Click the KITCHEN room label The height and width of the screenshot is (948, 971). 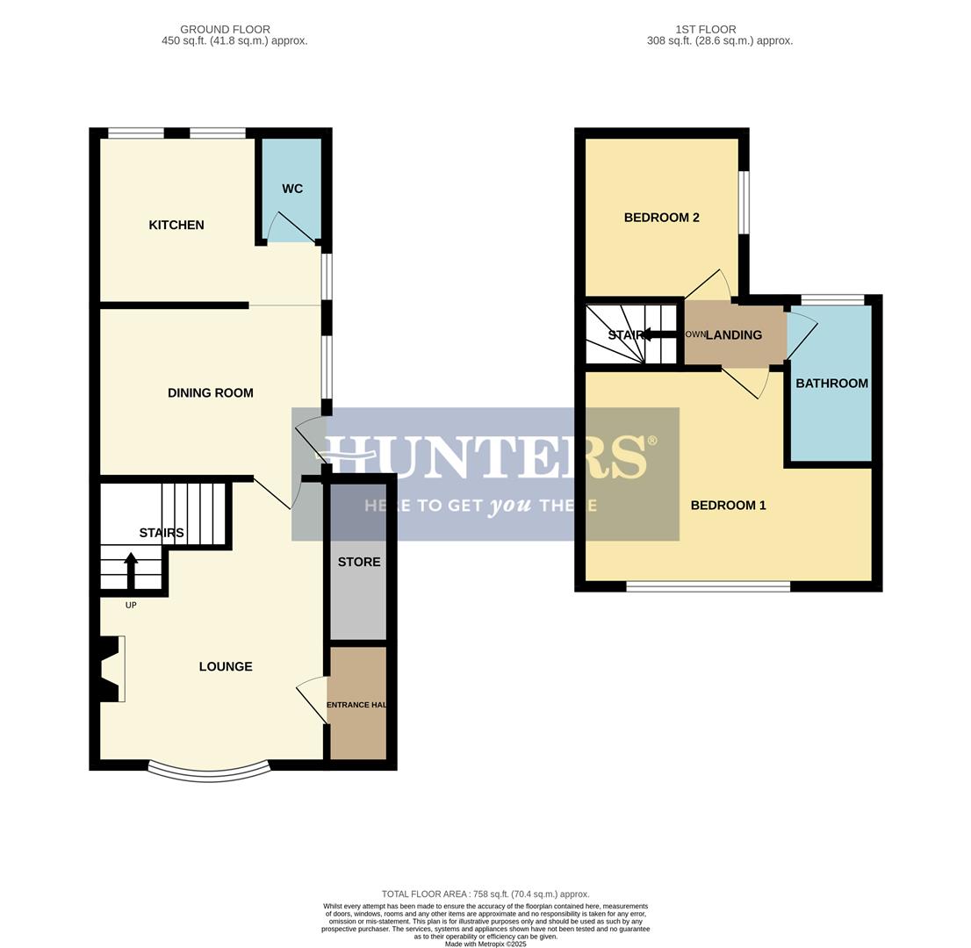(x=176, y=226)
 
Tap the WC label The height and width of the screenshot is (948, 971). (x=292, y=189)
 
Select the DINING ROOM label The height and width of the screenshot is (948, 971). (x=210, y=393)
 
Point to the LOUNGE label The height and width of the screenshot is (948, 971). (x=226, y=667)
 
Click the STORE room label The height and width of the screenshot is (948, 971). (x=359, y=562)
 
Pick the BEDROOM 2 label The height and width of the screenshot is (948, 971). (x=661, y=218)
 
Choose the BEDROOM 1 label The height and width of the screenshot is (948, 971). (x=728, y=506)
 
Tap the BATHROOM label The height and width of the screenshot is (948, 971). (x=831, y=384)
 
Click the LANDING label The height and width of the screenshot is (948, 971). (x=734, y=335)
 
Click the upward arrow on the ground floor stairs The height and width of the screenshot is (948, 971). (x=131, y=569)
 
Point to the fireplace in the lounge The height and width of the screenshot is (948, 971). (x=111, y=669)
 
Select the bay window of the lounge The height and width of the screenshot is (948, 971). (x=208, y=772)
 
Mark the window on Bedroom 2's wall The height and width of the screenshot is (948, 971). (x=744, y=202)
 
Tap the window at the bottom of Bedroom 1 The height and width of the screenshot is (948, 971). (x=708, y=586)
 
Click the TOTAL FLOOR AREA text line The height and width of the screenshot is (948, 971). (x=485, y=894)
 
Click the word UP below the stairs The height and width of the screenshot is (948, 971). (x=131, y=605)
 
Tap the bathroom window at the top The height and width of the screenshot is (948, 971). (x=832, y=300)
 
